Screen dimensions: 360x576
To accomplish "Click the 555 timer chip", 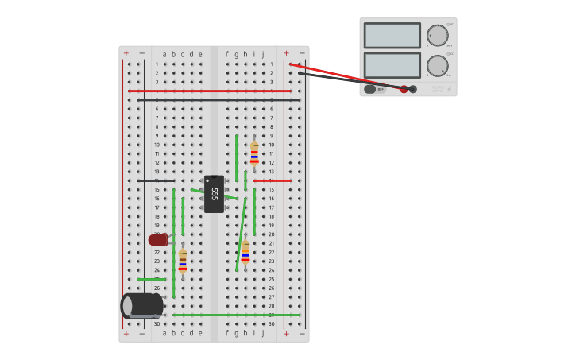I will point(214,194).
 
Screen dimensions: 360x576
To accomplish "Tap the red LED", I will point(158,239).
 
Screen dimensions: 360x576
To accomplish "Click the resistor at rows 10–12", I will point(254,152).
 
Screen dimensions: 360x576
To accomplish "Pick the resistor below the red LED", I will point(183,261).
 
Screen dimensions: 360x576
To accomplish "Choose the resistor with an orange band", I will point(245,253).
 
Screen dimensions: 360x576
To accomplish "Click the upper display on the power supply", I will point(392,36).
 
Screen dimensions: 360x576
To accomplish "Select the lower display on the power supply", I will point(392,65).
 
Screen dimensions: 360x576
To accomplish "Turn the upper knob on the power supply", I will point(437,35).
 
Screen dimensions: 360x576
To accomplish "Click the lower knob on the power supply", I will point(437,65).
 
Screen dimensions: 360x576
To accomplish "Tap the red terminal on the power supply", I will point(404,89).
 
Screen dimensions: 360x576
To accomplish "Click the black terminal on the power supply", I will point(413,89).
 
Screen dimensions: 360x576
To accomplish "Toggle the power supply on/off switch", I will point(370,89).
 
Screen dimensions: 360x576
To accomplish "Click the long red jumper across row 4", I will point(210,91).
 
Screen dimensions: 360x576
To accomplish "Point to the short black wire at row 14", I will point(155,180).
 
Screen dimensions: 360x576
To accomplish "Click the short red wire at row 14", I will point(272,180).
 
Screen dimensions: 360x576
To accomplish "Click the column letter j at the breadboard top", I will point(263,55).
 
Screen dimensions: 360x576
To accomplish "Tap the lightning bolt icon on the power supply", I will point(449,89).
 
